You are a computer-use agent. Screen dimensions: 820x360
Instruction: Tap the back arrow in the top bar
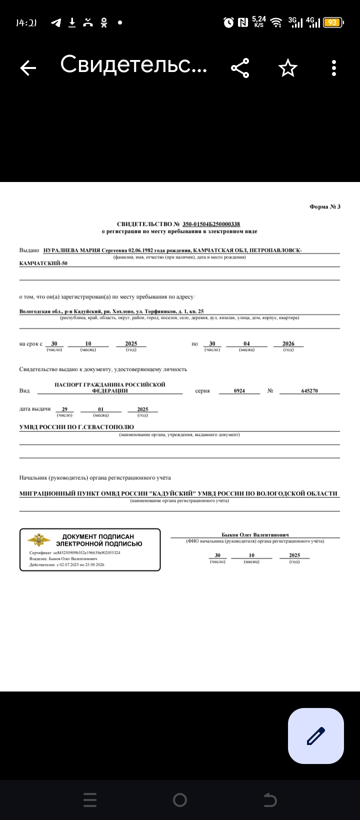point(28,68)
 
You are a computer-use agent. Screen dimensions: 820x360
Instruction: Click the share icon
point(240,68)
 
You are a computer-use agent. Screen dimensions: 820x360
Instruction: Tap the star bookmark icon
point(287,68)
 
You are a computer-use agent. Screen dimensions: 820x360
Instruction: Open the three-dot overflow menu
point(334,68)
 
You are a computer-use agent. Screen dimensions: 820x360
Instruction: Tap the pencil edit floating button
point(315,735)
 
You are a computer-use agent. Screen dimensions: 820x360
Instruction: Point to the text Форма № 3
point(325,206)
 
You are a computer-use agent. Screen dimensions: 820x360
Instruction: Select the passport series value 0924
point(239,390)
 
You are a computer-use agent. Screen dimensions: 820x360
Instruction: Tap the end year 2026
point(288,343)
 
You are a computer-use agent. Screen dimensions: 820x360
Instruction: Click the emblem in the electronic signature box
point(38,540)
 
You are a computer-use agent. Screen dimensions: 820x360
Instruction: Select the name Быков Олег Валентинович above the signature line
point(255,534)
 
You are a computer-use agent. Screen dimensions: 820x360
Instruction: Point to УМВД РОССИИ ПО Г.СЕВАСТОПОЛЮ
point(76,427)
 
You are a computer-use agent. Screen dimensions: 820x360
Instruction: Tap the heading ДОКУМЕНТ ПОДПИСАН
point(98,536)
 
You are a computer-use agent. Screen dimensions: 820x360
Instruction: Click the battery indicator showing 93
point(332,22)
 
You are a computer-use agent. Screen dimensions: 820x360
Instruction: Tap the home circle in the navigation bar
point(180,800)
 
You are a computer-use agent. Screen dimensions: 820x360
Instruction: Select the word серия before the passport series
point(202,390)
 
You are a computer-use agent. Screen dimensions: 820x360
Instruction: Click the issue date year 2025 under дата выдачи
point(142,409)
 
